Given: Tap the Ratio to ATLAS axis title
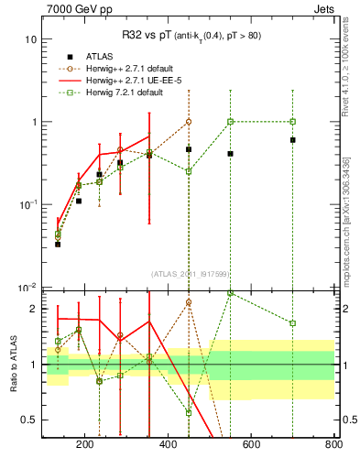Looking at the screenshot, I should tap(13, 365).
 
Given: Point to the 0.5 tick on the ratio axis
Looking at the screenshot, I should tap(30, 420).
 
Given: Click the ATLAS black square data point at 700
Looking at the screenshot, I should tap(292, 140).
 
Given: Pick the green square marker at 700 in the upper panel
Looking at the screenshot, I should tap(292, 121).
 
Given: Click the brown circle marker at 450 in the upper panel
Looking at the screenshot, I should tap(189, 121).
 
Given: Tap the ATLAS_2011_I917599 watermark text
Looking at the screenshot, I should tap(190, 274).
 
